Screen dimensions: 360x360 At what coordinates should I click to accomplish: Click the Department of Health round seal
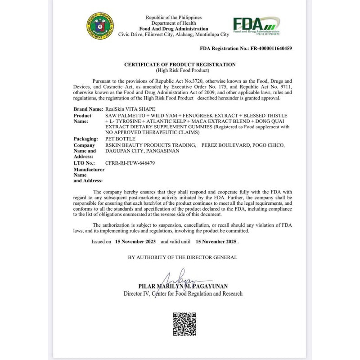click(100, 26)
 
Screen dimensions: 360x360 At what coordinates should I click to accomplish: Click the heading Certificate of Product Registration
click(183, 65)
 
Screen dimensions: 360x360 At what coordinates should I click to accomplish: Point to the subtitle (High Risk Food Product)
click(183, 71)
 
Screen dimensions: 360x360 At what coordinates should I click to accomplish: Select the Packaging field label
click(85, 139)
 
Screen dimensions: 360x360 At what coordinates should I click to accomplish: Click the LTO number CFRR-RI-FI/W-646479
click(130, 163)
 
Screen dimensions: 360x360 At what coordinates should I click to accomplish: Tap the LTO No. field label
click(84, 163)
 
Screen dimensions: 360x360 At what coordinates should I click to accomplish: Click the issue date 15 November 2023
click(135, 242)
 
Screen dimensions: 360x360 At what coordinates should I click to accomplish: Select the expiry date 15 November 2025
click(216, 242)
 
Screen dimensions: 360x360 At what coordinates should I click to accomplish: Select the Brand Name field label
click(88, 109)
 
